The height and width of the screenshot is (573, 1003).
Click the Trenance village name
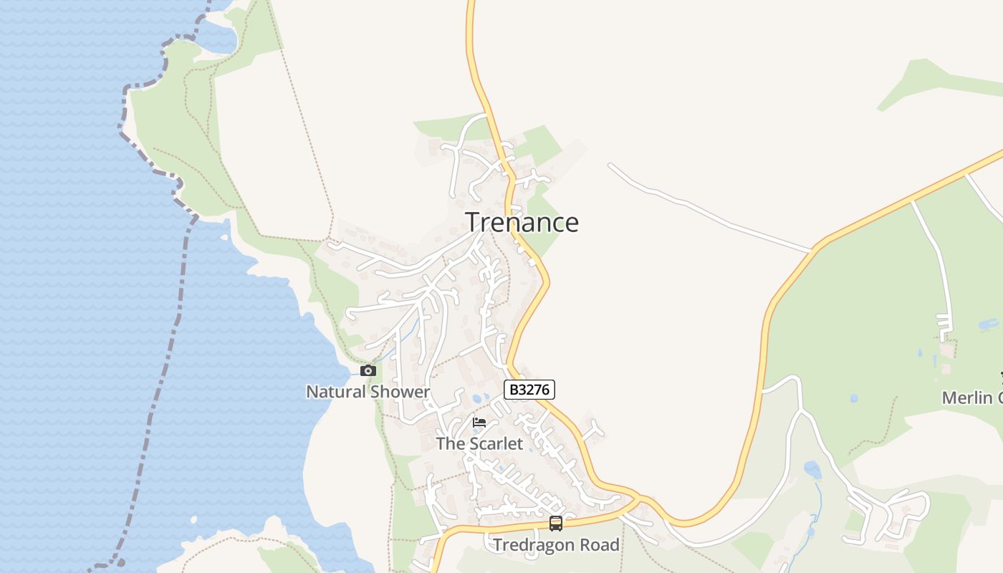coord(522,223)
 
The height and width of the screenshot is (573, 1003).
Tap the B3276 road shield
coord(529,390)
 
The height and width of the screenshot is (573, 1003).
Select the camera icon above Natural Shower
coord(368,370)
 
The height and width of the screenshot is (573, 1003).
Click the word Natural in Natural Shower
coord(335,392)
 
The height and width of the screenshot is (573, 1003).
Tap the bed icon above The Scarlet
coord(479,423)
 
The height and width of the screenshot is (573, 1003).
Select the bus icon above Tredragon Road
coord(555,524)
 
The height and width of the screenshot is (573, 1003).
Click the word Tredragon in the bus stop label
coord(534,545)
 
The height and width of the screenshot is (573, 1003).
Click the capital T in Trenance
coord(473,223)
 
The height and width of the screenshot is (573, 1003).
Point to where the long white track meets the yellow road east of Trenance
coord(812,251)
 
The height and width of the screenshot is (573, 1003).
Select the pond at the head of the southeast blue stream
coord(812,470)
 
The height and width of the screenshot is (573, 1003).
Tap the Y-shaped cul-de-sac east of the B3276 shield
coord(593,430)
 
